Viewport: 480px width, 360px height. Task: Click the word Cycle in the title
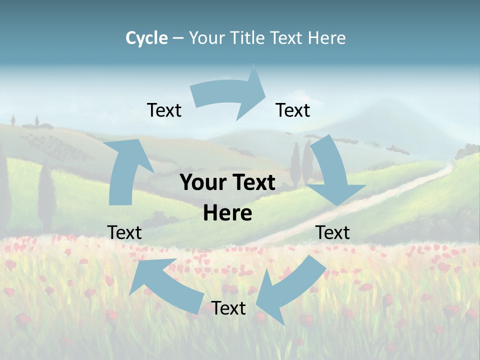point(146,38)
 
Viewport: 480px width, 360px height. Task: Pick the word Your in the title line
point(207,38)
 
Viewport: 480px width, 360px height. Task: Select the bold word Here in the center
point(227,213)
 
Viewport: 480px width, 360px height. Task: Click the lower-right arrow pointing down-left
point(290,290)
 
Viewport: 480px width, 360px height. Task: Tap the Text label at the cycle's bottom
point(228,308)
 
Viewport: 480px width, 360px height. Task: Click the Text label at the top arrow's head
point(293,110)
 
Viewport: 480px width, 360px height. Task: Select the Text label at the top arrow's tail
point(164,110)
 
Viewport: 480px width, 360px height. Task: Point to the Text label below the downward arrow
point(332,233)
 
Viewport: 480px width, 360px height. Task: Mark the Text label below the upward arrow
point(124,233)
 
